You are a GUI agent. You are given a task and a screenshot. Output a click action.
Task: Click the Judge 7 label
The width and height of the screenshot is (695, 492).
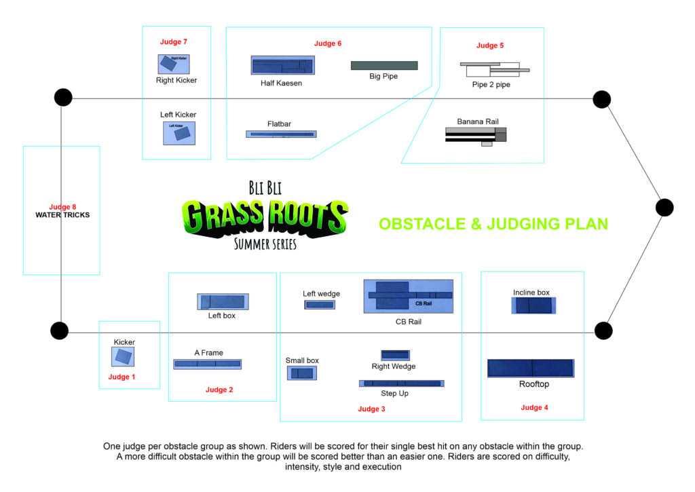pos(173,41)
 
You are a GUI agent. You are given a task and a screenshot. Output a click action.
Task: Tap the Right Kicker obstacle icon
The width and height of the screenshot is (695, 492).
pos(174,64)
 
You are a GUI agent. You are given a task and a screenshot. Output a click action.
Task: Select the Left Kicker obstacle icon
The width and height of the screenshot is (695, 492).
pos(179,134)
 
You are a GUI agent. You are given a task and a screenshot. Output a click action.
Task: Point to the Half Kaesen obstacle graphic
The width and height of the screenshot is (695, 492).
pos(283,66)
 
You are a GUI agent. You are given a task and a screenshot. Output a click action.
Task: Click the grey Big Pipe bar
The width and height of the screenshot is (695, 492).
pos(384,66)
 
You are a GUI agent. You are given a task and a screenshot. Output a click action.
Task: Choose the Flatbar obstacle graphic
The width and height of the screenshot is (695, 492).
pos(282,134)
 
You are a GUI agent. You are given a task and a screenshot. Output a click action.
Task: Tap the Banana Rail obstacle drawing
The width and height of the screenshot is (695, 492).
pos(476,136)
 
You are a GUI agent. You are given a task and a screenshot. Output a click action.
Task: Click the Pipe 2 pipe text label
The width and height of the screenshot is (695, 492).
pos(491,85)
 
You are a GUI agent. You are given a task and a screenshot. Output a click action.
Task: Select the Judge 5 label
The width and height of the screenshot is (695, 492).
pos(490,45)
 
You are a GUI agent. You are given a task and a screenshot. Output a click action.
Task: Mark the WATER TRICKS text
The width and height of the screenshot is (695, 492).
pos(62,215)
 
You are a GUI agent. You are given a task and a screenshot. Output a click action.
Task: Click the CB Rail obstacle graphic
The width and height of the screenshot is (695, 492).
pos(409,296)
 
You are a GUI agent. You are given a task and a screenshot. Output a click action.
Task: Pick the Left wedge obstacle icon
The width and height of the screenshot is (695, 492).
pos(320,305)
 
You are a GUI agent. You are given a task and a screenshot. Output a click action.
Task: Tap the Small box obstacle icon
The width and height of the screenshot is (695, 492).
pos(302,373)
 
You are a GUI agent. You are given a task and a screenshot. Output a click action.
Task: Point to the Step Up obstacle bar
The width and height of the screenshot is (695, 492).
pos(402,383)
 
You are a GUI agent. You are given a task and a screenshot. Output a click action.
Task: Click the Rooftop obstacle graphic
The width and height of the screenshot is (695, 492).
pos(531,368)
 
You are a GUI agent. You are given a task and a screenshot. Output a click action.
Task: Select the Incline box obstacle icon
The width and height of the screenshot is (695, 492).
pos(533,305)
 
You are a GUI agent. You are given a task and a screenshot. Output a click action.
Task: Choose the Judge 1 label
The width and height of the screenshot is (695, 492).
pos(121,377)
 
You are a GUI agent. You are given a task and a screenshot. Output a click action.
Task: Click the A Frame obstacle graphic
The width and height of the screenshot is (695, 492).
pos(208,364)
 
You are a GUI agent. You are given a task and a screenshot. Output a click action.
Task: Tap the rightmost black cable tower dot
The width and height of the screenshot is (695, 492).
pos(664,208)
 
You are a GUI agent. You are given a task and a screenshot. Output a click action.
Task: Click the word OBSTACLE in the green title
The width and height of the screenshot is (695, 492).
pos(422,224)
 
